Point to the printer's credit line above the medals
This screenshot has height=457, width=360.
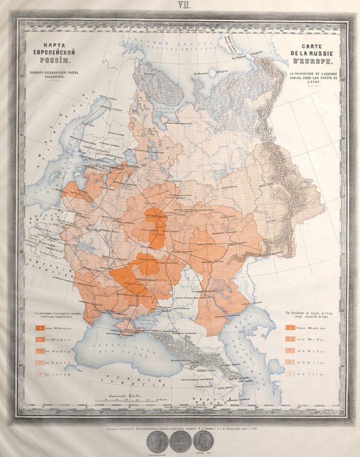(179, 426)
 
